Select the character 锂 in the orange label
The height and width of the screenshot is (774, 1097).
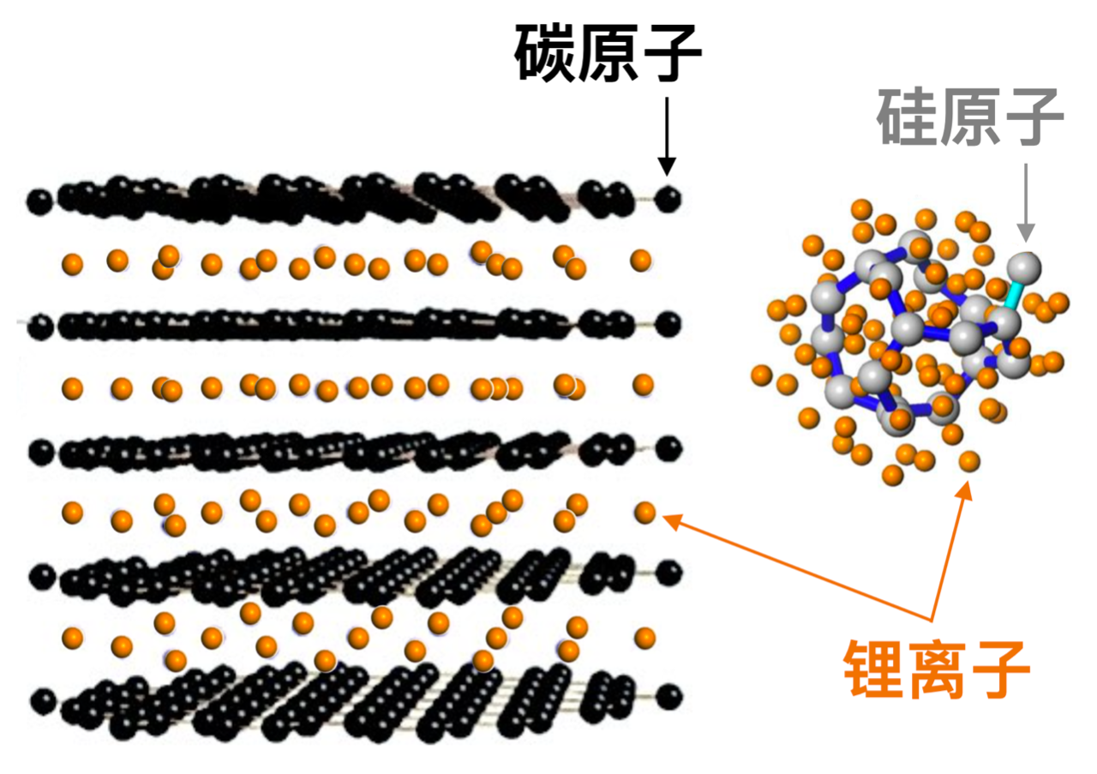click(874, 669)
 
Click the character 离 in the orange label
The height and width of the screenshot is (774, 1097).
click(937, 669)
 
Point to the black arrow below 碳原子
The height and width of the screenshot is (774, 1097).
click(667, 135)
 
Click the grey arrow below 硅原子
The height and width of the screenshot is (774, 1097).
click(1026, 202)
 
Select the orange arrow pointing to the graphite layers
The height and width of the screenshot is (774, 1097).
click(797, 567)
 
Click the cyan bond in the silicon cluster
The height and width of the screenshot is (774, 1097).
click(1013, 297)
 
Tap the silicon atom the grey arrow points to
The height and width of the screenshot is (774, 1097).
click(1024, 267)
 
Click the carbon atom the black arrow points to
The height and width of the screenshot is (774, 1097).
click(668, 199)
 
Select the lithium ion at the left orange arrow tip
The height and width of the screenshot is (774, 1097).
click(645, 513)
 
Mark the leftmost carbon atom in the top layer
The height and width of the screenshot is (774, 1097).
click(39, 201)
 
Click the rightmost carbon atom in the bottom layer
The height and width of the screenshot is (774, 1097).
click(669, 697)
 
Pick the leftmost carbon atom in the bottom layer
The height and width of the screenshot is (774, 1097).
click(43, 701)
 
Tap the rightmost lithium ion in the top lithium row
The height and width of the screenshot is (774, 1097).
click(640, 260)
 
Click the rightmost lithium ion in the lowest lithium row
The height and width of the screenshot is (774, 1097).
click(645, 638)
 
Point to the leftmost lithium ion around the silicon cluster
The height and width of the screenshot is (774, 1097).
click(762, 375)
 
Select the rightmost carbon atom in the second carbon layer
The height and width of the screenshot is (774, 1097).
click(668, 324)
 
